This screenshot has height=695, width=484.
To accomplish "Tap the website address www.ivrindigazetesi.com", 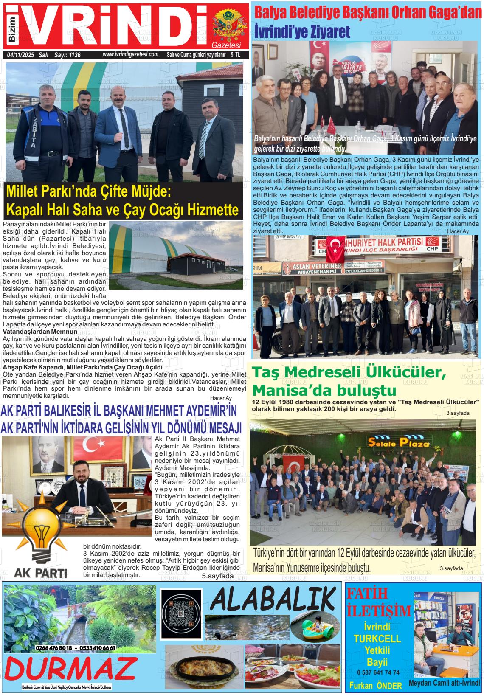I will (130, 55).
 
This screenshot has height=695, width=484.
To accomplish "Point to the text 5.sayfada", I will (217, 576).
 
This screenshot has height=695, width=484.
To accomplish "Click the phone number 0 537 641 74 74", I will (378, 672).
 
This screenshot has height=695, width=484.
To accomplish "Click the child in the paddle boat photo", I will (317, 625).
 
